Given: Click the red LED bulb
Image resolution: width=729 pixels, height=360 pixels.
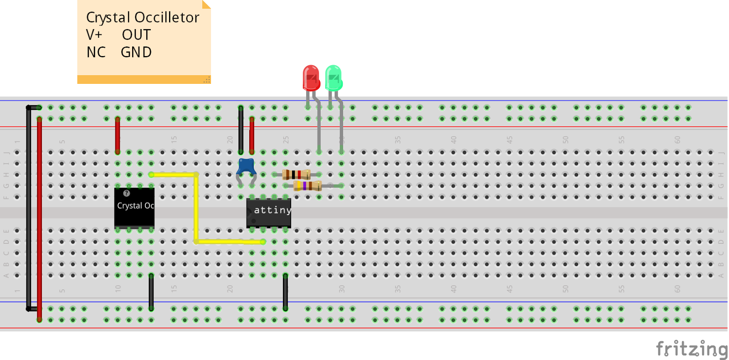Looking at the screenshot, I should click(311, 78).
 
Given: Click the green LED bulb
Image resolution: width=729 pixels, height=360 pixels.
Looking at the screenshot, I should click(334, 78).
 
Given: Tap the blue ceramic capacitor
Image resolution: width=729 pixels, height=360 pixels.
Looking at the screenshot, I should click(246, 166).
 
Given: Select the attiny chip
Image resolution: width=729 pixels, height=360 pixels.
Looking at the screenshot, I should click(269, 213).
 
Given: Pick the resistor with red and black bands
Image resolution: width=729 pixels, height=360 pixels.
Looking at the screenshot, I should click(297, 175).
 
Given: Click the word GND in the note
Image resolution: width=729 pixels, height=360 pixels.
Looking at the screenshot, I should click(136, 52).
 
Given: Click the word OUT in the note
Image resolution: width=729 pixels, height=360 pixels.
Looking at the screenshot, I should click(136, 35).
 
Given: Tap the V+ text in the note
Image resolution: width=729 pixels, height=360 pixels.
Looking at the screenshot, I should click(94, 35).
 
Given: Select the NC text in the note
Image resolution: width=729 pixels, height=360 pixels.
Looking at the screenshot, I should click(96, 52).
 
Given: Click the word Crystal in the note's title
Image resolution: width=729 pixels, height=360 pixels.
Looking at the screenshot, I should click(108, 18).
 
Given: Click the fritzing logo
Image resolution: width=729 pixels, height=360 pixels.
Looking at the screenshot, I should click(692, 349).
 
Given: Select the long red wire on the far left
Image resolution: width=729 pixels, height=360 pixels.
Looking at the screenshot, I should click(40, 219).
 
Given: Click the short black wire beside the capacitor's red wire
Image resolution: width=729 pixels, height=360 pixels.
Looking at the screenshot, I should click(241, 130).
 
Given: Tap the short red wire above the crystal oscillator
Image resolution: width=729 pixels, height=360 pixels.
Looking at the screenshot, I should click(118, 135).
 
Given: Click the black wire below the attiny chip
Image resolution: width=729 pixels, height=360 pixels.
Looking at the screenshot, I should click(285, 292).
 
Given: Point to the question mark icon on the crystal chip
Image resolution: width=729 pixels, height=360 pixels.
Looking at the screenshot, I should click(127, 193).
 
